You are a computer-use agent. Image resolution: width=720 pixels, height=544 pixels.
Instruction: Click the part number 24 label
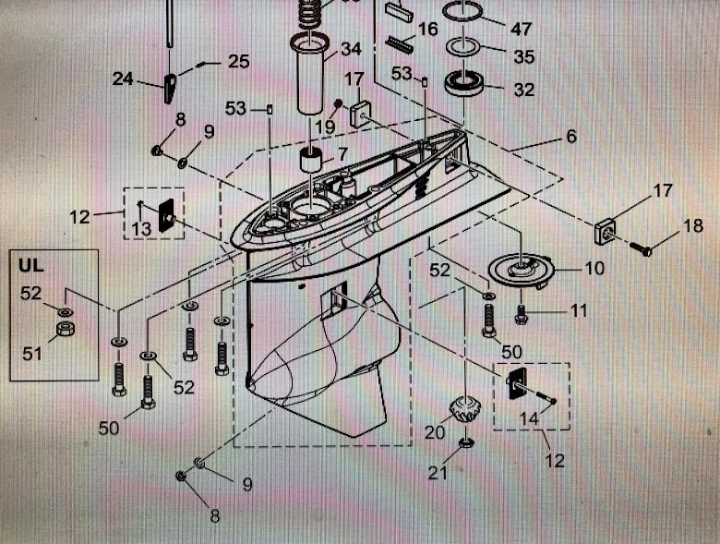[x=124, y=79]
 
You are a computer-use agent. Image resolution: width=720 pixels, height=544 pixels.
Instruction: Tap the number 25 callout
[x=238, y=62]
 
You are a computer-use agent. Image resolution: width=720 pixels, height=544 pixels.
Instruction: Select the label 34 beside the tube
[x=351, y=48]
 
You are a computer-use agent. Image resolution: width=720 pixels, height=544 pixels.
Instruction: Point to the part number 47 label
[x=522, y=30]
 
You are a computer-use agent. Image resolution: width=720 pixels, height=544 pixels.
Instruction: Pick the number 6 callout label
[x=571, y=137]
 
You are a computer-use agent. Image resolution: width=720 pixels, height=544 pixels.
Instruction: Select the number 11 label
[x=578, y=311]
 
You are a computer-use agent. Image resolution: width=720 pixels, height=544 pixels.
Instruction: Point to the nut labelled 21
[x=467, y=447]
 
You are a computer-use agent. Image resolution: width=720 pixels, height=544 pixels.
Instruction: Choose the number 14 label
[x=529, y=418]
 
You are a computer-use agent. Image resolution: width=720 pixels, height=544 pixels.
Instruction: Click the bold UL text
[x=31, y=264]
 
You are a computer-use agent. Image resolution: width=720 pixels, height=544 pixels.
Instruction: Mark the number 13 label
[x=141, y=228]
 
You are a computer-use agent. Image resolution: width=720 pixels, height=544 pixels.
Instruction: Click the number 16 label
[x=427, y=30]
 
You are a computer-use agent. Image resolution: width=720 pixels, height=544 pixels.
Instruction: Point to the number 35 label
[x=523, y=57]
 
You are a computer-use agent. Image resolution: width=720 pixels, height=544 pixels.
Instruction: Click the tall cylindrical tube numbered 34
[x=311, y=79]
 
